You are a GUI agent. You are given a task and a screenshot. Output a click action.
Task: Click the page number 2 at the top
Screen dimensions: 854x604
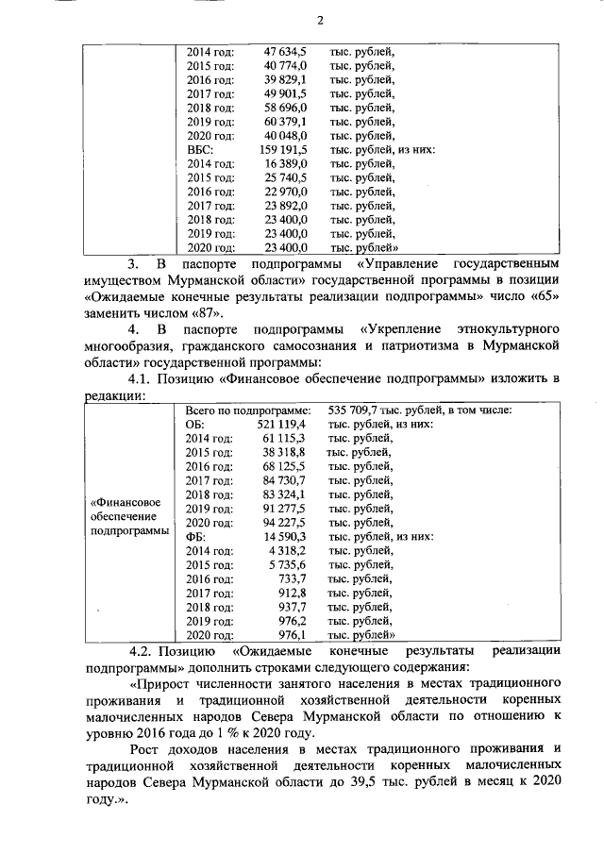point(320,22)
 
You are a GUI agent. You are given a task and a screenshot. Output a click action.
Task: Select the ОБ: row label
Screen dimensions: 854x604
point(195,426)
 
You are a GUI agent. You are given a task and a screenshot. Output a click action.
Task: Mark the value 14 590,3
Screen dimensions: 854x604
point(286,536)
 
